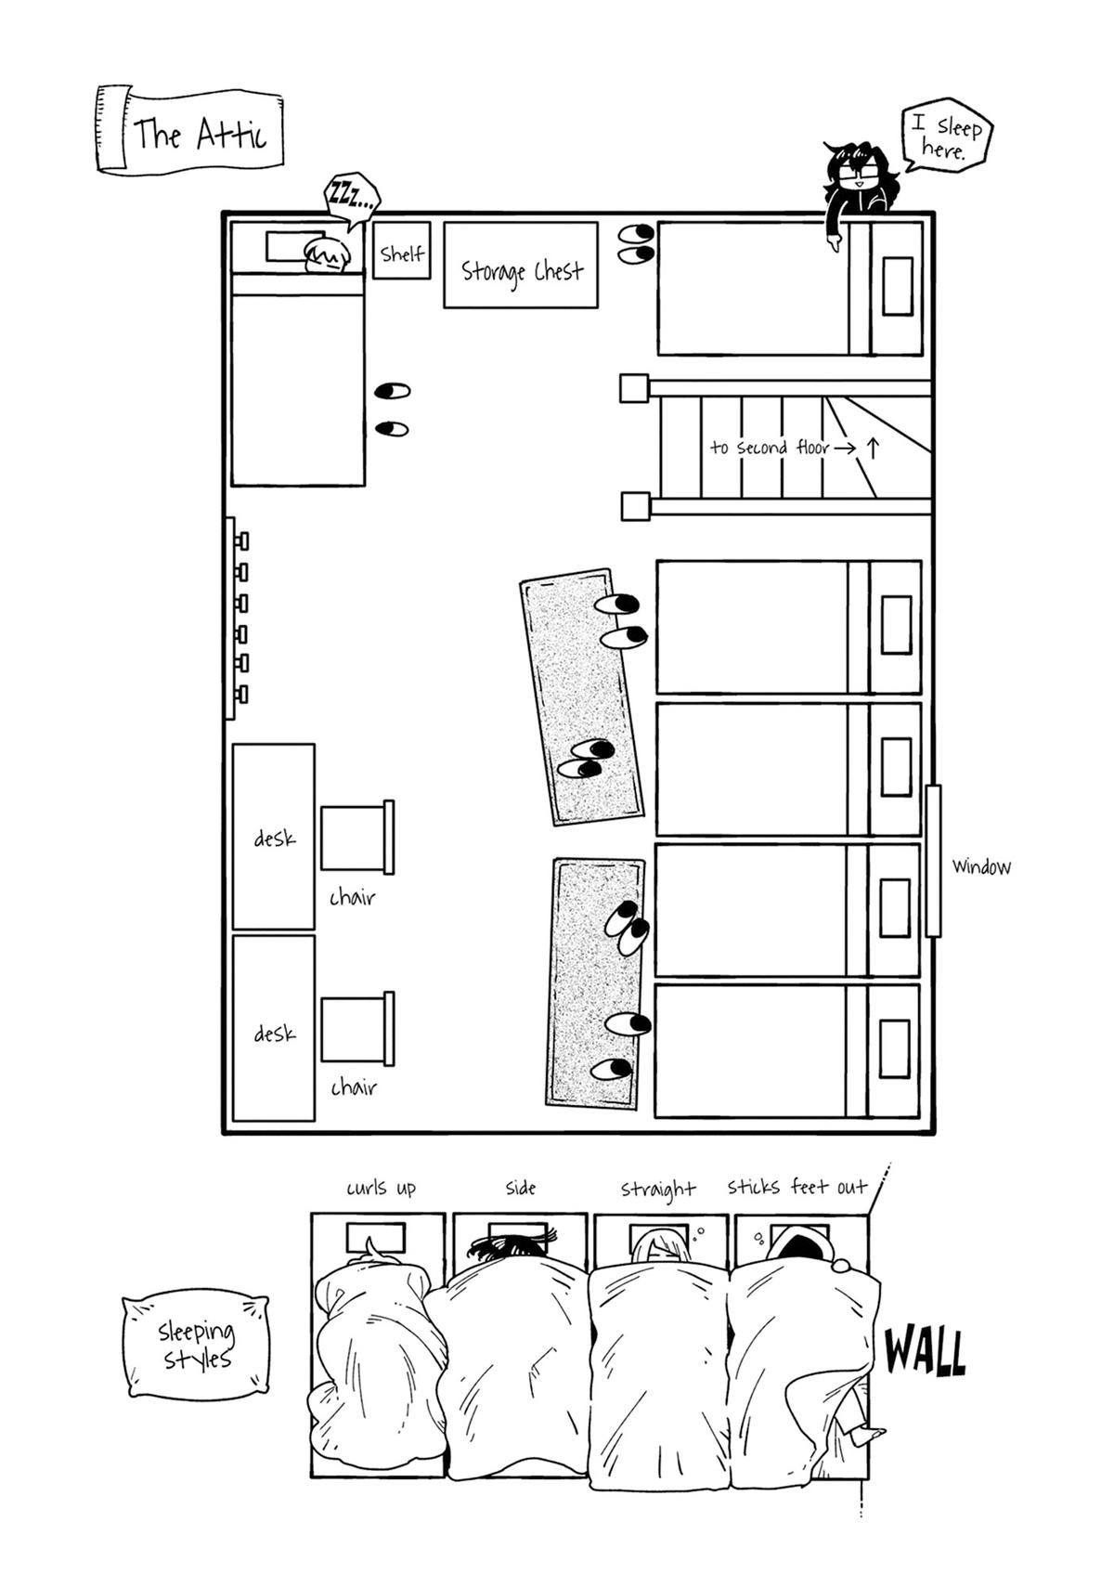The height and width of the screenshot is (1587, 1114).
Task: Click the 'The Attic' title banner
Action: (x=189, y=130)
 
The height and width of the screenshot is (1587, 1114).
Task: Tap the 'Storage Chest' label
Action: (x=521, y=270)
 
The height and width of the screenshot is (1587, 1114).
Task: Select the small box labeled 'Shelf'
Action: (x=402, y=251)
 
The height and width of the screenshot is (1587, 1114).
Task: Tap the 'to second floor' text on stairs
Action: (x=769, y=447)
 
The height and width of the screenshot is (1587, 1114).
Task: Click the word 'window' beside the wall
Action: (x=981, y=865)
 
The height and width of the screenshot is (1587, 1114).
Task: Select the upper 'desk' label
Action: (x=274, y=839)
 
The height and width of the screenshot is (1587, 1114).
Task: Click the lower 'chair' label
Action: (x=354, y=1087)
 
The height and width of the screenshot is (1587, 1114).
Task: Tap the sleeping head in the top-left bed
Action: (x=326, y=255)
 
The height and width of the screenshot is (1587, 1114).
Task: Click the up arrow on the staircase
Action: (x=873, y=447)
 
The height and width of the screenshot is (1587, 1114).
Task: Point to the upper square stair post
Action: (x=634, y=388)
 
